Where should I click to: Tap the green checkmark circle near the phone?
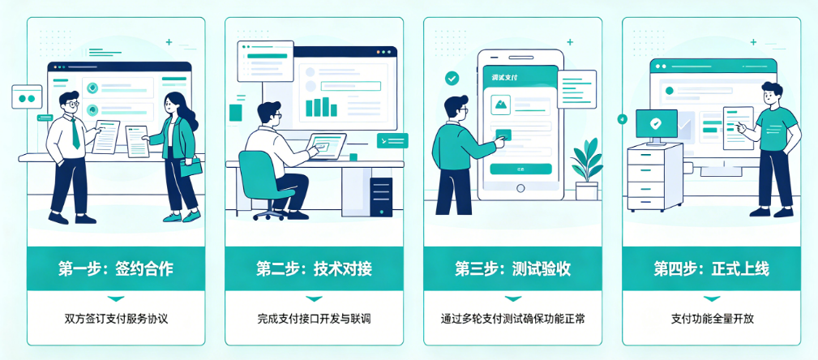452,79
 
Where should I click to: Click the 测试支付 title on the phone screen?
505,78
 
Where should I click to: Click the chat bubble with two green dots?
26,97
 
